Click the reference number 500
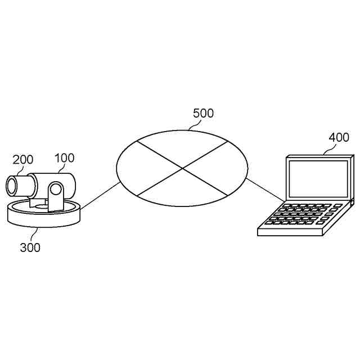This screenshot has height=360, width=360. [x=203, y=113]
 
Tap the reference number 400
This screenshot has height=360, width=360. [x=339, y=137]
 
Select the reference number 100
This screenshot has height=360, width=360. [x=65, y=158]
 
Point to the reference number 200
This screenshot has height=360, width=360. [x=23, y=160]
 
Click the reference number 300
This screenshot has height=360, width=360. [x=30, y=247]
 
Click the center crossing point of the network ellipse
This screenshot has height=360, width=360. [x=182, y=168]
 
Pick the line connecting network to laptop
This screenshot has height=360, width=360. [x=264, y=189]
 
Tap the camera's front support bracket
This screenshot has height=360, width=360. [x=56, y=197]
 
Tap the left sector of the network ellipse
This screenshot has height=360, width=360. [x=141, y=168]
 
